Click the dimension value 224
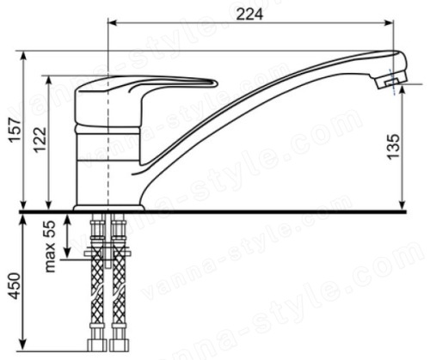point(249,15)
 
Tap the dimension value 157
point(15,129)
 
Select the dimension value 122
point(40,139)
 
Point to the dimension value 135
point(393,146)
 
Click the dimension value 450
point(15,286)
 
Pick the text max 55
point(50,247)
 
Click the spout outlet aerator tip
point(392,82)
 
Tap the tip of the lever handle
point(215,83)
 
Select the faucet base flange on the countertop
point(109,208)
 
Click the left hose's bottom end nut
point(96,345)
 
